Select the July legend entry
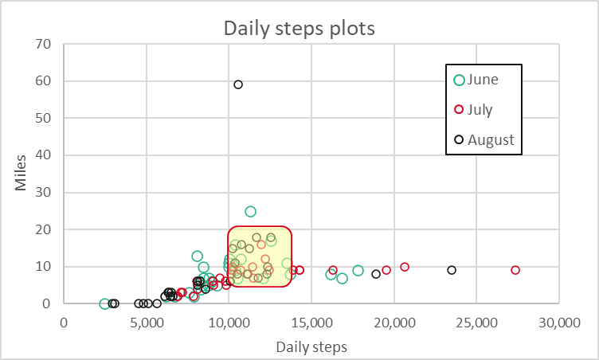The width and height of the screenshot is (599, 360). click(480, 110)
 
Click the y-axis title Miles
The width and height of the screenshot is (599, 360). click(22, 173)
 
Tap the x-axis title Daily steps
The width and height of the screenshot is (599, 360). click(311, 348)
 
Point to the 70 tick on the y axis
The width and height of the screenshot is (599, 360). click(45, 44)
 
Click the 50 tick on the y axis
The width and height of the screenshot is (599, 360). click(45, 118)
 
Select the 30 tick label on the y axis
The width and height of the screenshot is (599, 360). click(45, 192)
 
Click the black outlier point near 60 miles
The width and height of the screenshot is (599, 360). click(238, 84)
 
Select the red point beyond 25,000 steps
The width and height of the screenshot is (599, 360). click(515, 270)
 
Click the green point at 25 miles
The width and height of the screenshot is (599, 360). click(250, 211)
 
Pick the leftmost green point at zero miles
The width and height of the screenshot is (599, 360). click(104, 303)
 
